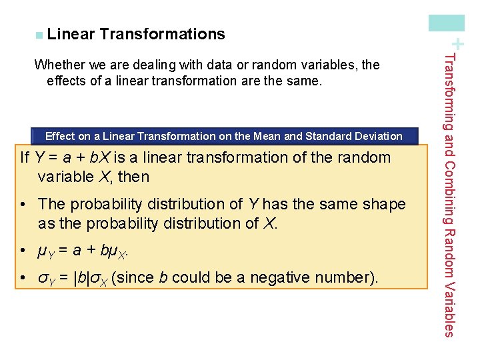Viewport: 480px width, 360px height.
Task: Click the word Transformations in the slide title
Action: coord(163,33)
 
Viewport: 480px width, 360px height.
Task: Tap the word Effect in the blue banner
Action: coord(59,136)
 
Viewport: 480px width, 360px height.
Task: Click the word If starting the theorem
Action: coord(25,158)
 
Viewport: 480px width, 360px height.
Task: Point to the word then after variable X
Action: coord(133,177)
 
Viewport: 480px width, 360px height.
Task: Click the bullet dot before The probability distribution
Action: coord(23,204)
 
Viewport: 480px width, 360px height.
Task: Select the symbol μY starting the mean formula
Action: coord(44,252)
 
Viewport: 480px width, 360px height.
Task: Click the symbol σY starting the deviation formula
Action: coord(45,278)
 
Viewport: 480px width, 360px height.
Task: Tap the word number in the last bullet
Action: coord(351,277)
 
